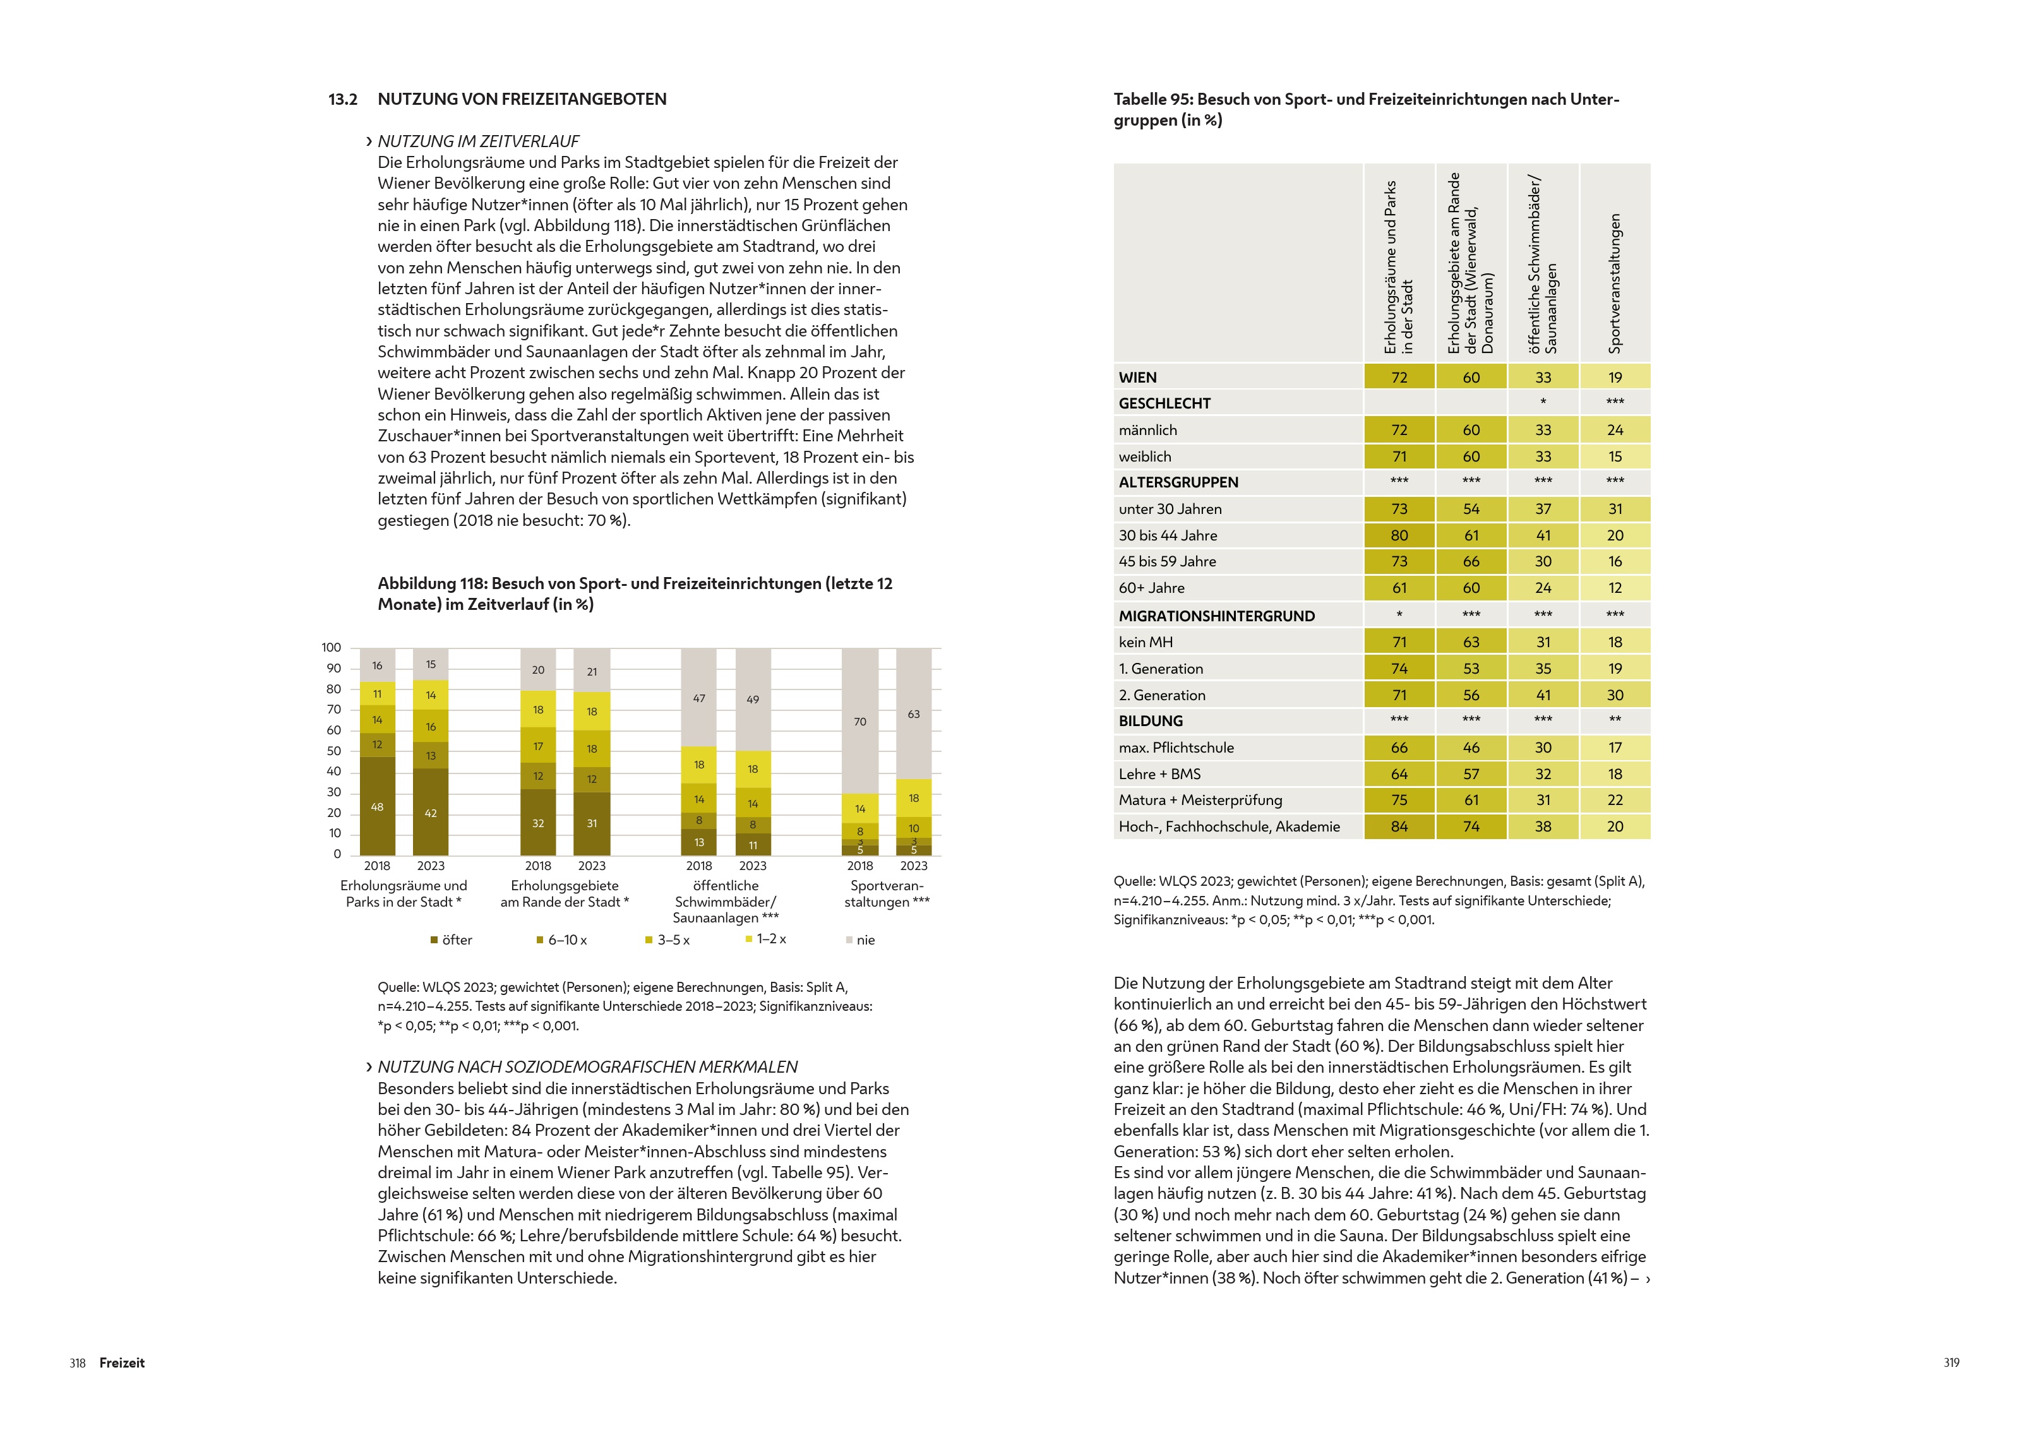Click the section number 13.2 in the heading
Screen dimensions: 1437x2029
[342, 99]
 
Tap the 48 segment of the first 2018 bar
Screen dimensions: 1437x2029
[377, 806]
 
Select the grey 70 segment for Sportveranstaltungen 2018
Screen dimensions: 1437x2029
[860, 721]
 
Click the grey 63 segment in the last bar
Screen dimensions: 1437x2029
[913, 713]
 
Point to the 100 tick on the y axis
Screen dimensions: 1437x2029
[331, 648]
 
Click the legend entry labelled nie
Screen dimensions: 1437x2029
[860, 939]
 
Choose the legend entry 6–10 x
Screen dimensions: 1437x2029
[562, 939]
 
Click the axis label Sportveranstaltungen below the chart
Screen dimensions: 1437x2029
[887, 893]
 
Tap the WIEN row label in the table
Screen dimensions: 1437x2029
[1138, 377]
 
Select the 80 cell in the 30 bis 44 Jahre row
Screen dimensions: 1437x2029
[1399, 535]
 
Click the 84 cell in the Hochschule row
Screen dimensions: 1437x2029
[1399, 826]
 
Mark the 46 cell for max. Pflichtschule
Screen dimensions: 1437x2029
[1471, 748]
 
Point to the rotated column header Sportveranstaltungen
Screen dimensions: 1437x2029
[1615, 282]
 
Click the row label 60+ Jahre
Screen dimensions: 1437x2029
[1151, 588]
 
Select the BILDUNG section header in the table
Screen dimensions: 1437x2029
[1151, 721]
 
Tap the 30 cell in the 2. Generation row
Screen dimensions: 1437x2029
[1615, 696]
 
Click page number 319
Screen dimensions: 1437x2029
[1951, 1362]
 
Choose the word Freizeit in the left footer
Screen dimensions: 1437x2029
[122, 1362]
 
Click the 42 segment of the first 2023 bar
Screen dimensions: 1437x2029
[431, 813]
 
